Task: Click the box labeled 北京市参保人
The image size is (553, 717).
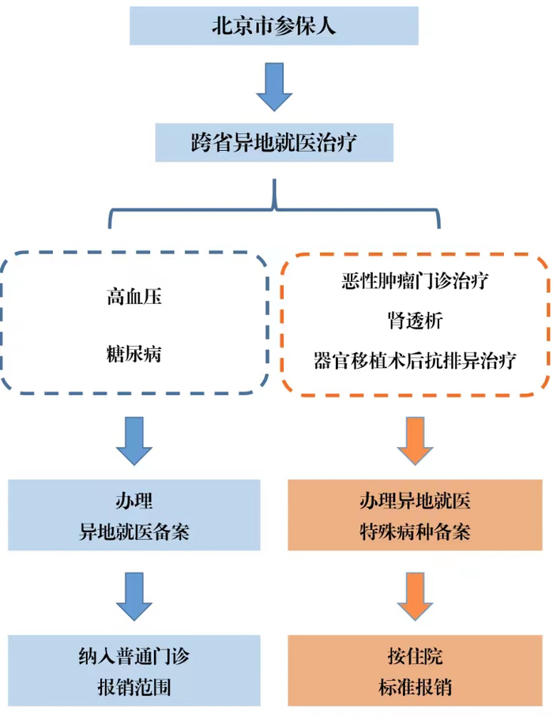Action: [x=274, y=25]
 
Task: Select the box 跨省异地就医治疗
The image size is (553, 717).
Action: [x=274, y=143]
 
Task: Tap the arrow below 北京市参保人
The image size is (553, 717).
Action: [x=274, y=84]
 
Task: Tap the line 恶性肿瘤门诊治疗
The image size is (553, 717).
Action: [x=415, y=280]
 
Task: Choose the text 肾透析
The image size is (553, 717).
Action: [x=415, y=321]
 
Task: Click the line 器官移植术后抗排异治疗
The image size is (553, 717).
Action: [x=415, y=361]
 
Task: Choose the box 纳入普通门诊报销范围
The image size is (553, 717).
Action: [x=134, y=671]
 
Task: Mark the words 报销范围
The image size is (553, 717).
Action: [x=134, y=687]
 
